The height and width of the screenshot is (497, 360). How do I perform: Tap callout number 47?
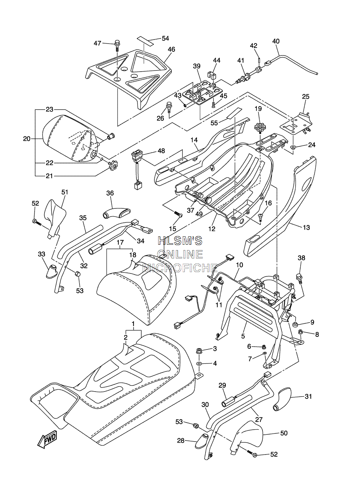98,43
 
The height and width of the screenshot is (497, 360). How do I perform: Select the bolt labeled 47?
117,46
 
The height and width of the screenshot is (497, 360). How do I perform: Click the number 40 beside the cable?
276,41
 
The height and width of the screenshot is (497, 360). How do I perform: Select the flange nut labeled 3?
199,351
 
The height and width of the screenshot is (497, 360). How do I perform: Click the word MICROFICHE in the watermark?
180,268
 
